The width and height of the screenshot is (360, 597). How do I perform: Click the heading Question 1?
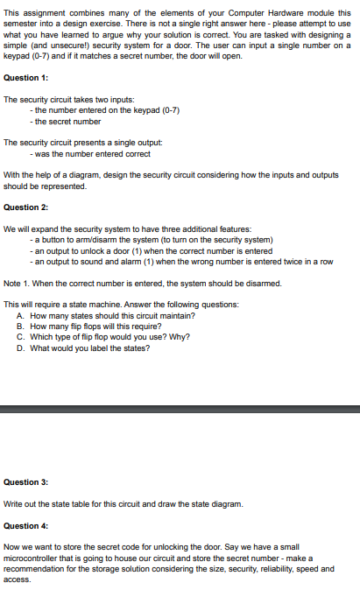pyautogui.click(x=25, y=78)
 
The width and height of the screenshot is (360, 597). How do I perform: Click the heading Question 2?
pyautogui.click(x=25, y=207)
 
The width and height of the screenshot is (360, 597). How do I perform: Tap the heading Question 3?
pyautogui.click(x=25, y=482)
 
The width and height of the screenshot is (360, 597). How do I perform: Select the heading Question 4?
pyautogui.click(x=25, y=526)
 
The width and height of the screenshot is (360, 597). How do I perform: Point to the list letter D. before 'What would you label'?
pyautogui.click(x=20, y=348)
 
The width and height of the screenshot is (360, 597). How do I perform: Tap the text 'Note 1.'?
pyautogui.click(x=18, y=283)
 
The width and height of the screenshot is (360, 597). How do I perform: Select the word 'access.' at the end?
pyautogui.click(x=17, y=579)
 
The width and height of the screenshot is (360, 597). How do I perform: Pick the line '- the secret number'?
pyautogui.click(x=66, y=121)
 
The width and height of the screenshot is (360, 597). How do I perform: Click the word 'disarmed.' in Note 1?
pyautogui.click(x=262, y=283)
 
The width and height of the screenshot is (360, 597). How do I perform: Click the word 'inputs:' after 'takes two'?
pyautogui.click(x=120, y=100)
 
